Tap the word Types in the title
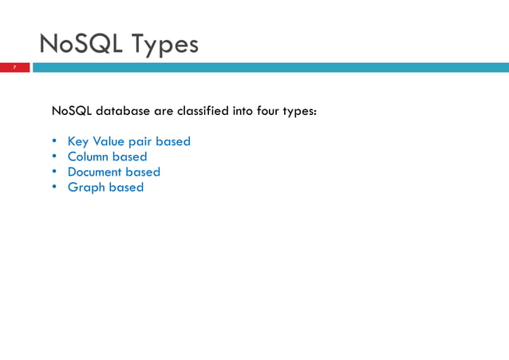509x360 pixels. pyautogui.click(x=165, y=45)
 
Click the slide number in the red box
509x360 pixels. pyautogui.click(x=14, y=67)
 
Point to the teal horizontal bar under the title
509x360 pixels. pyautogui.click(x=271, y=67)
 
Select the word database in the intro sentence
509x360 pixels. pyautogui.click(x=123, y=111)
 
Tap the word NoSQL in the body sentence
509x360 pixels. pyautogui.click(x=72, y=111)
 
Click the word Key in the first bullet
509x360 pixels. pyautogui.click(x=78, y=141)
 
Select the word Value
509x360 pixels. pyautogui.click(x=109, y=141)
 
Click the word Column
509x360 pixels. pyautogui.click(x=88, y=156)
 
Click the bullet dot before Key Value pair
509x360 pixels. pyautogui.click(x=55, y=141)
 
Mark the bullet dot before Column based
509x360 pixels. pyautogui.click(x=55, y=156)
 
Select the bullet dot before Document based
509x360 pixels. pyautogui.click(x=55, y=172)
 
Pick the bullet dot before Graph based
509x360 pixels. pyautogui.click(x=55, y=187)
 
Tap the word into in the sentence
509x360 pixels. pyautogui.click(x=242, y=111)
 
